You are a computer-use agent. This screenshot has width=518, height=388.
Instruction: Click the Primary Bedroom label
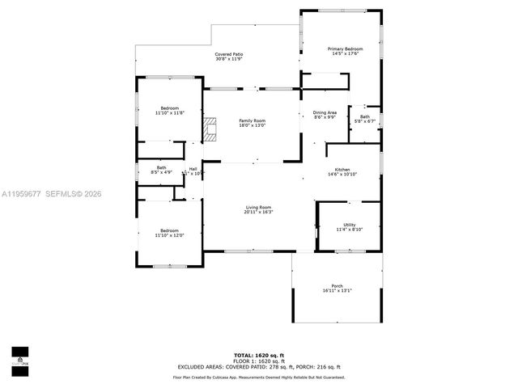(x=345, y=52)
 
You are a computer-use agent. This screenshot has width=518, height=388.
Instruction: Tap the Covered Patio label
(x=229, y=57)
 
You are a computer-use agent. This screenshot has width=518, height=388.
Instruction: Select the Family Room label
(x=252, y=123)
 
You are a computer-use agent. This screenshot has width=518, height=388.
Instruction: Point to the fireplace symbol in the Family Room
(x=210, y=129)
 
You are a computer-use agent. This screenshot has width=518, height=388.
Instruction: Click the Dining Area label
(x=325, y=115)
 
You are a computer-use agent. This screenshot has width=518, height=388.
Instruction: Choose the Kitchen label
(x=342, y=171)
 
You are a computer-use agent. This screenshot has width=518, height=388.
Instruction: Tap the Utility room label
(x=350, y=227)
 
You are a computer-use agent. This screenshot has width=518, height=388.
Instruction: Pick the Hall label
(x=193, y=171)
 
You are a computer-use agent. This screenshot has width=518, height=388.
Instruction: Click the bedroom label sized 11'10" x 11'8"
(x=170, y=111)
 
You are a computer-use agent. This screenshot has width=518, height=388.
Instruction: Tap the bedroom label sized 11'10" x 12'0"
(x=170, y=233)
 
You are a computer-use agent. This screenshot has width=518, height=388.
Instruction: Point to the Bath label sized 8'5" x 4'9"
(x=162, y=170)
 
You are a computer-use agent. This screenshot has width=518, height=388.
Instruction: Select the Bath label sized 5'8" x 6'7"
(x=365, y=120)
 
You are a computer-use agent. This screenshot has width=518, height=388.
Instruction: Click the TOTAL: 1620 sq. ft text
(x=259, y=355)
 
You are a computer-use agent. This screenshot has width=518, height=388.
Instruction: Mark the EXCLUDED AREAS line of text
(x=259, y=367)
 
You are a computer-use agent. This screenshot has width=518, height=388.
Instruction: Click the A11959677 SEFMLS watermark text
(x=52, y=194)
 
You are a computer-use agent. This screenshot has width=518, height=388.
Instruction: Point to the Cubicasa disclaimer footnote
(x=259, y=377)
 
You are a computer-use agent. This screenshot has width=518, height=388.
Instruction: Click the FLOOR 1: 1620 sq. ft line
(x=259, y=361)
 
